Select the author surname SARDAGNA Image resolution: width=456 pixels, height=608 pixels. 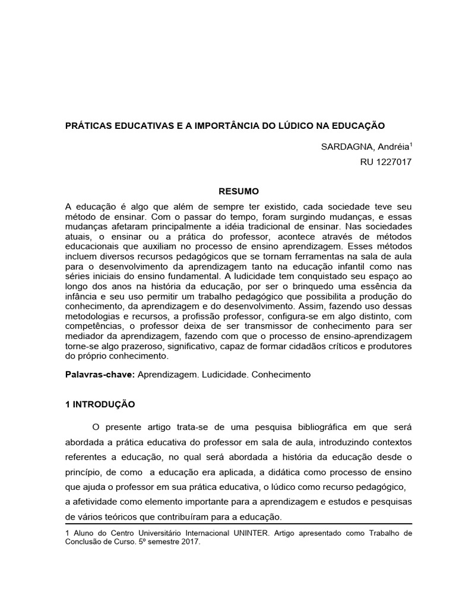[x=341, y=147]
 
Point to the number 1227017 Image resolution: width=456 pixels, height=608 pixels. [x=392, y=161]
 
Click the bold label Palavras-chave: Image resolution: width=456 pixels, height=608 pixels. [x=100, y=375]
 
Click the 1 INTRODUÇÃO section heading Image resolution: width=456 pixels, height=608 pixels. [x=100, y=404]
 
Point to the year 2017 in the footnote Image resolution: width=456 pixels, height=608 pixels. [x=189, y=541]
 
